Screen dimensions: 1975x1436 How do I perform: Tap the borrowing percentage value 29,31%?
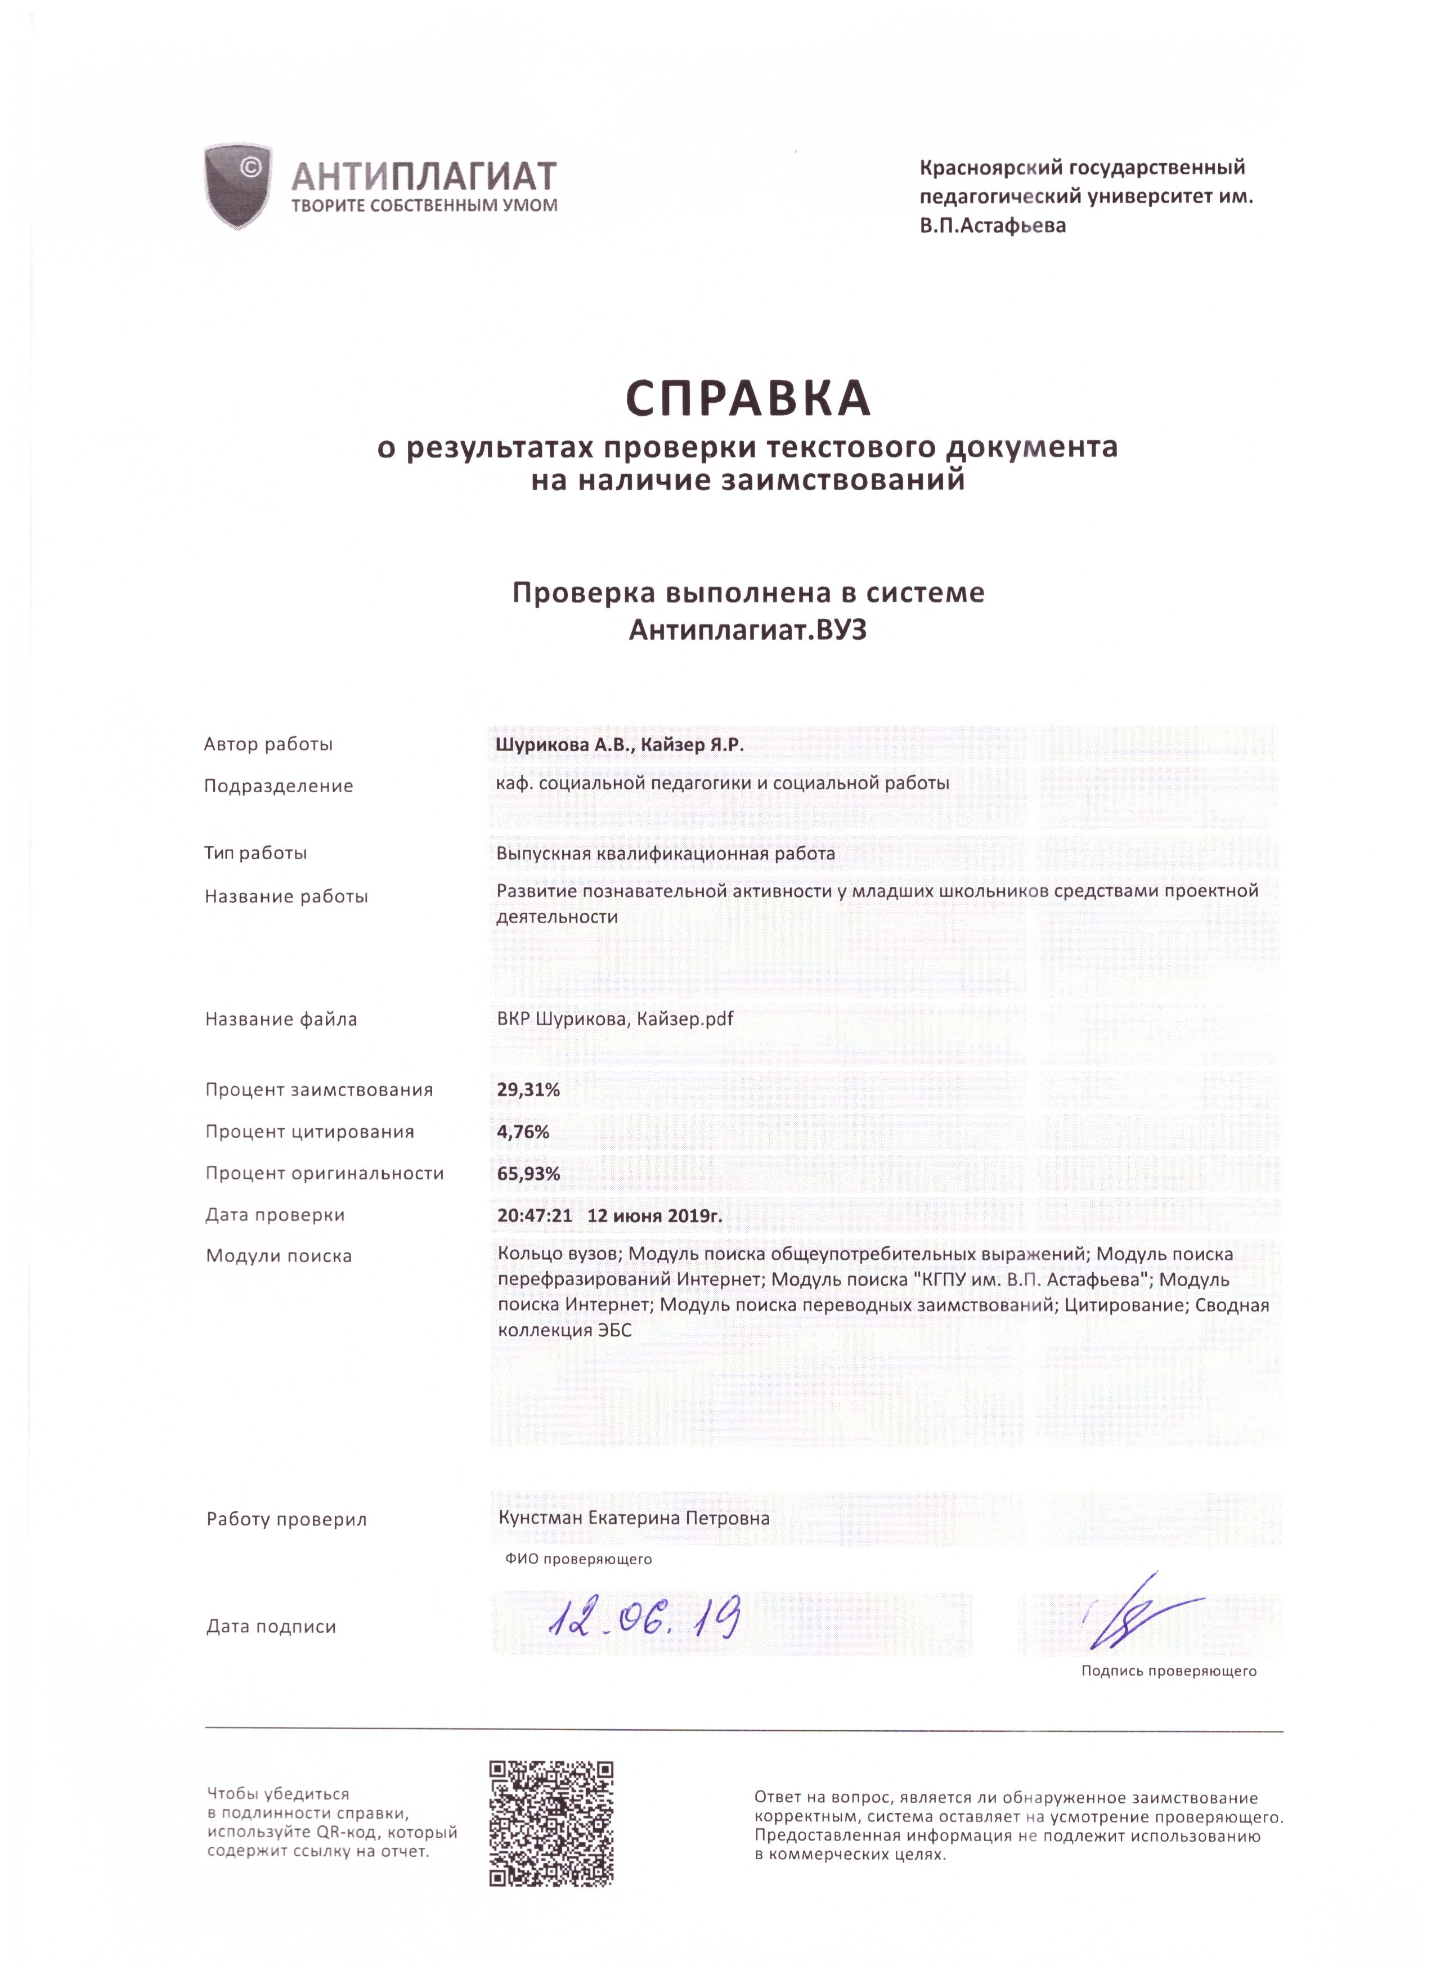coord(528,1089)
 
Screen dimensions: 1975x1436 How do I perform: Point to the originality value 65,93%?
coord(528,1173)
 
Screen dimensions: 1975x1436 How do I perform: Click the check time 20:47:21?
coord(535,1215)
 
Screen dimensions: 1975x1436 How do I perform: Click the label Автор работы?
coord(268,744)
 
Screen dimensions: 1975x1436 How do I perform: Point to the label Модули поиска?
coord(279,1256)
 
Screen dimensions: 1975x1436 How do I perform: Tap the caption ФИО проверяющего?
coord(578,1559)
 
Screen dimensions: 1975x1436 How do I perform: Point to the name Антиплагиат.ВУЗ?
coord(747,630)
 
